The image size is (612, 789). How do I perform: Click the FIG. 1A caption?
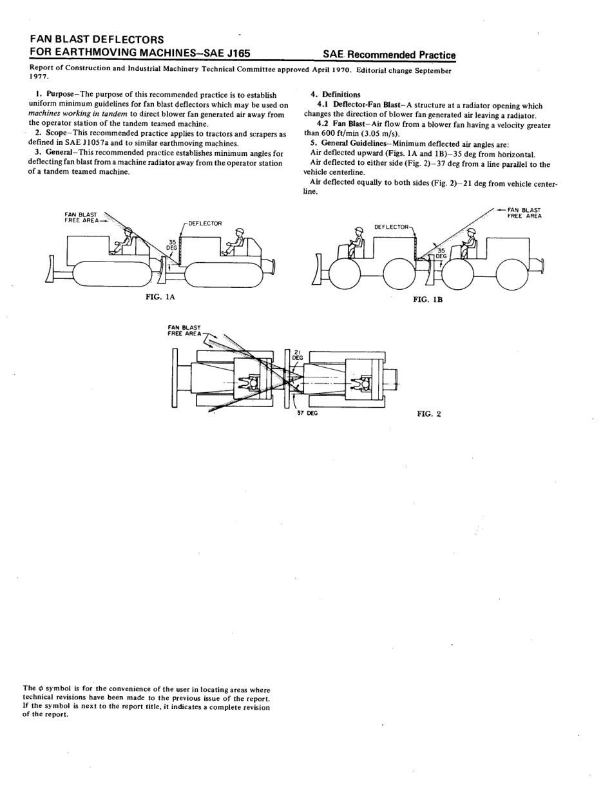tap(160, 297)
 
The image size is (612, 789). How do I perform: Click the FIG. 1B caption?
tap(428, 299)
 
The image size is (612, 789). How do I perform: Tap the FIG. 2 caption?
tap(429, 414)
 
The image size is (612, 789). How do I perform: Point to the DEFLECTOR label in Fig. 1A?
tap(205, 223)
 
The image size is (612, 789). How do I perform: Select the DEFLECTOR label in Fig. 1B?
tap(391, 227)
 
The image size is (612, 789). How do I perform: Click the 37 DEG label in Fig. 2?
tap(307, 414)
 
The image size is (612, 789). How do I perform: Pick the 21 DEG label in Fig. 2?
tap(298, 355)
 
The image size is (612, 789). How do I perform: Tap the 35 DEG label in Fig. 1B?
tap(441, 253)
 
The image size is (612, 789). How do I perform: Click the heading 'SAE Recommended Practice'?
tap(388, 55)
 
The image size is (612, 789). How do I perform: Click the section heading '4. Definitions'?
tap(336, 95)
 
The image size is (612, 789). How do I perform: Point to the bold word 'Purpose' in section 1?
tap(60, 95)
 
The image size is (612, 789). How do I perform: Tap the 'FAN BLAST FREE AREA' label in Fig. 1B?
tap(524, 213)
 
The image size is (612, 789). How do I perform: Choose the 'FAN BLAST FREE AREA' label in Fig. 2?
tap(184, 330)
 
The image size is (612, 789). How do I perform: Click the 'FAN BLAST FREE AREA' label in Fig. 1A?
tap(81, 217)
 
